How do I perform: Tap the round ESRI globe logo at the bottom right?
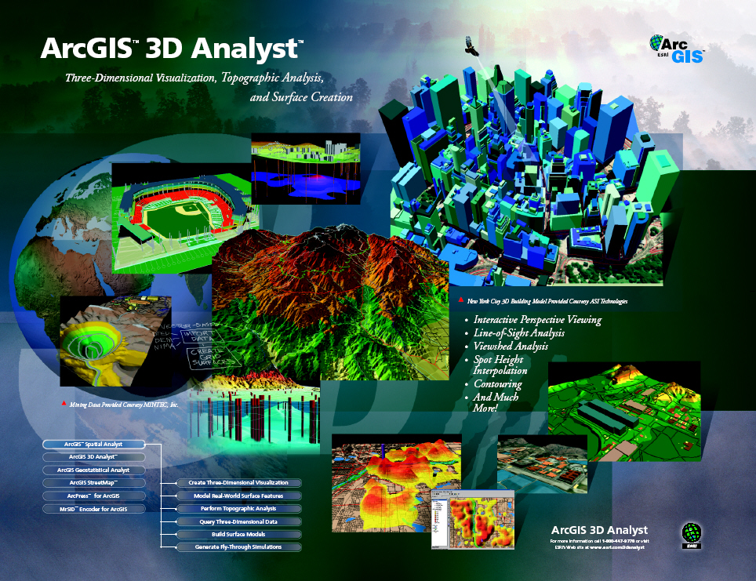pos(691,534)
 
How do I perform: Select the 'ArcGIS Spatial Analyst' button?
pos(93,444)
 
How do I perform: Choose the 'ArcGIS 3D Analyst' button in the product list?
pos(93,456)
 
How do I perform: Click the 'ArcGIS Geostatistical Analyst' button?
pos(93,470)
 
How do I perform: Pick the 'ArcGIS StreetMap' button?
pos(93,483)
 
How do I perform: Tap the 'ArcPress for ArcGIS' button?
pos(93,496)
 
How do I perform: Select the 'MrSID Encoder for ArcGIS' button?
pos(93,510)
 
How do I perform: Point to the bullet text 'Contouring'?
pos(497,384)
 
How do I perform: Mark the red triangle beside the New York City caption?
pos(460,300)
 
